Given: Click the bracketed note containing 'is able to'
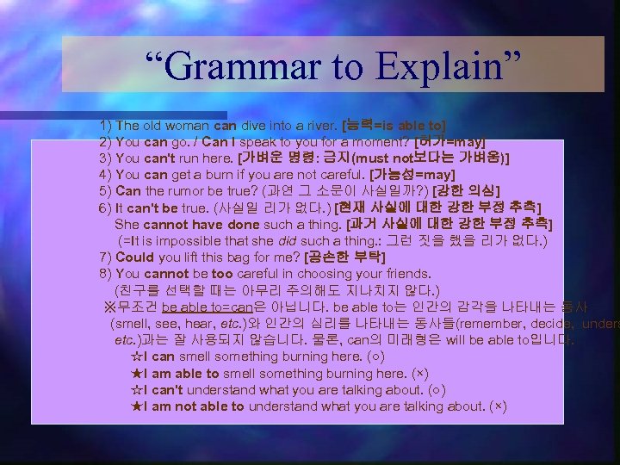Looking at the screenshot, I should click(394, 125).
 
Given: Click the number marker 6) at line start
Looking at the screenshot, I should click(106, 208).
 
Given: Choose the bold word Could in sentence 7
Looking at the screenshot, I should click(134, 257).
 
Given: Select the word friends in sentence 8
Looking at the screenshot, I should click(405, 273).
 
